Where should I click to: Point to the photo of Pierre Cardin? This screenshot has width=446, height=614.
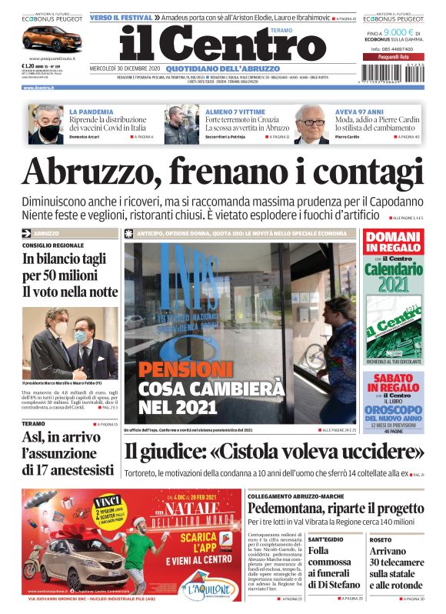pos(312,125)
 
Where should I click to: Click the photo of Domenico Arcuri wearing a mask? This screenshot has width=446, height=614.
pos(45,125)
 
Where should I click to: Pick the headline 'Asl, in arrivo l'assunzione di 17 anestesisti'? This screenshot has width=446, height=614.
pos(67,454)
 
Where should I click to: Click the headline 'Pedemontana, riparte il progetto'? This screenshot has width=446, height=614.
pos(335,509)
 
